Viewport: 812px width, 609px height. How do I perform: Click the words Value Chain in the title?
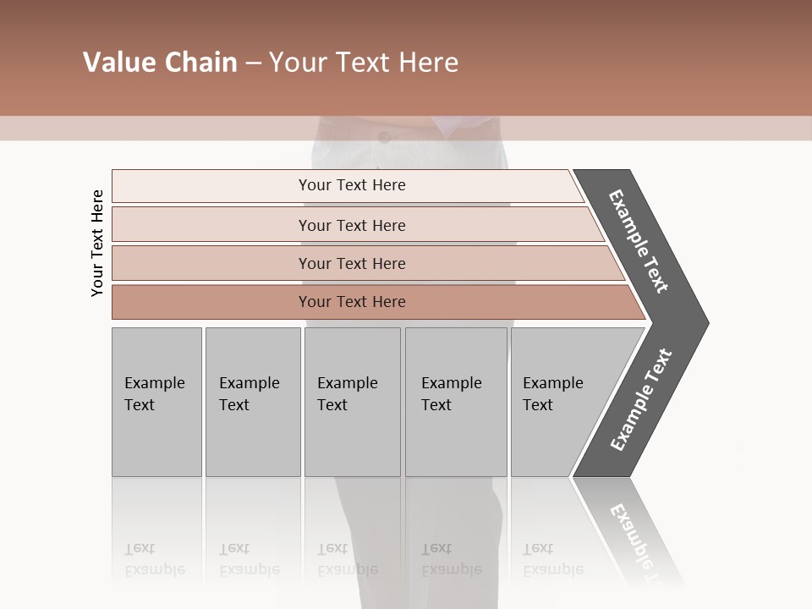[x=160, y=63]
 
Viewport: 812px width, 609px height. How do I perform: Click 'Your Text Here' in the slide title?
[x=364, y=63]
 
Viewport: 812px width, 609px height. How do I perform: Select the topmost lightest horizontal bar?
[x=211, y=186]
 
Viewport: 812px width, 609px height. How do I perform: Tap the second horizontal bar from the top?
[x=211, y=225]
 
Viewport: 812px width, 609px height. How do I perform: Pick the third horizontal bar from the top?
[x=211, y=263]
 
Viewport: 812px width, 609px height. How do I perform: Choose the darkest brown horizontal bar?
[x=211, y=302]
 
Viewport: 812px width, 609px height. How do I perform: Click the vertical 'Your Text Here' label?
[x=97, y=243]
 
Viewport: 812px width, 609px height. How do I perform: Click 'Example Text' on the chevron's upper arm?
[x=639, y=241]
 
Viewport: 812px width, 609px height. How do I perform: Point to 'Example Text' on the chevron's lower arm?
[x=641, y=400]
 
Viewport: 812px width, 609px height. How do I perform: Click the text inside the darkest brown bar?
[x=352, y=302]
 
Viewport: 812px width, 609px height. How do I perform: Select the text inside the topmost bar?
[x=352, y=185]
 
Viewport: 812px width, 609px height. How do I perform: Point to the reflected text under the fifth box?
[x=552, y=560]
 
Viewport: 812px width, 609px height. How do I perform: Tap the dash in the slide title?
[x=253, y=63]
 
